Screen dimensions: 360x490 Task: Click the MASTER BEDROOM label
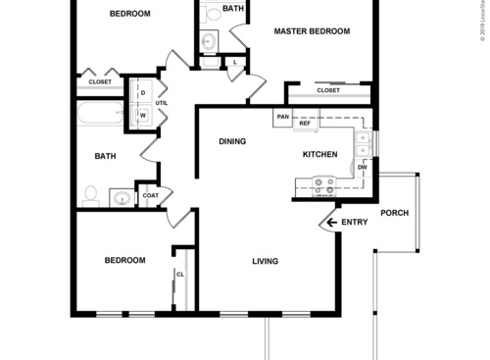pyautogui.click(x=312, y=31)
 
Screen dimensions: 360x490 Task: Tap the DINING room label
pyautogui.click(x=231, y=141)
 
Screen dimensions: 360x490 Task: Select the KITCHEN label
pyautogui.click(x=319, y=155)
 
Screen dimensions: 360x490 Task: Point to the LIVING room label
pyautogui.click(x=266, y=261)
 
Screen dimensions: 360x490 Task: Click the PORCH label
pyautogui.click(x=394, y=213)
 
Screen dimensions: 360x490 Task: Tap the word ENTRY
pyautogui.click(x=354, y=223)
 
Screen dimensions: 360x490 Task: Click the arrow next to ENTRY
pyautogui.click(x=332, y=223)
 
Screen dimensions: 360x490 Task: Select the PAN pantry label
pyautogui.click(x=282, y=118)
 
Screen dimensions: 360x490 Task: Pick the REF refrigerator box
pyautogui.click(x=304, y=124)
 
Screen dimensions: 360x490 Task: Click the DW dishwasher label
pyautogui.click(x=362, y=168)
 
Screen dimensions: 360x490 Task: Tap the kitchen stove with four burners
pyautogui.click(x=324, y=182)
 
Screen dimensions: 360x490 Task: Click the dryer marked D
pyautogui.click(x=143, y=93)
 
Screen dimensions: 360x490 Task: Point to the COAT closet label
pyautogui.click(x=150, y=195)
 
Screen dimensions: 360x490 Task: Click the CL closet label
pyautogui.click(x=180, y=275)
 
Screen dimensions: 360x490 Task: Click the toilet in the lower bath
pyautogui.click(x=90, y=195)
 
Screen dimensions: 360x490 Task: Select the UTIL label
pyautogui.click(x=161, y=102)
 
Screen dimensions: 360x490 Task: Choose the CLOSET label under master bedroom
pyautogui.click(x=328, y=90)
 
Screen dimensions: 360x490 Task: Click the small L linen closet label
pyautogui.click(x=234, y=63)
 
